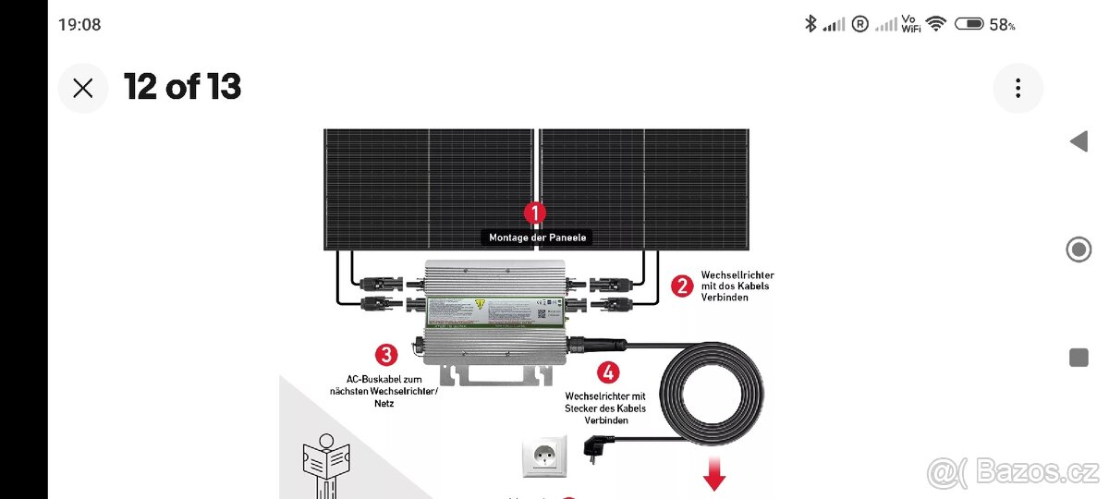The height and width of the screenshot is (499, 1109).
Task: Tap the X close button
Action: (83, 88)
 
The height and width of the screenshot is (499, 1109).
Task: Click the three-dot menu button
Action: (1018, 88)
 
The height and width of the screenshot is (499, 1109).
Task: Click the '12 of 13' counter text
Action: (182, 87)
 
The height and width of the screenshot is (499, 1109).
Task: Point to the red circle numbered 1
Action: (535, 213)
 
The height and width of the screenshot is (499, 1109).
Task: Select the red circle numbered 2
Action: (682, 286)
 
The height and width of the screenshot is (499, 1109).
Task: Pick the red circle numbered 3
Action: (386, 354)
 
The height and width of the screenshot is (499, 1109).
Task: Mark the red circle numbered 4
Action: (607, 372)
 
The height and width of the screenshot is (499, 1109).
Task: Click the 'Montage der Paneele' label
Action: (537, 237)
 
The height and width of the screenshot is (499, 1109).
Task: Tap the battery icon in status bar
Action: (969, 24)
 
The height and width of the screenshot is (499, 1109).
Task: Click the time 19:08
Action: (79, 25)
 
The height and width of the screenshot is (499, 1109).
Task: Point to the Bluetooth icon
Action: (810, 24)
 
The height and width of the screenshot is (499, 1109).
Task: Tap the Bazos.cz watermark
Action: (1012, 472)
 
